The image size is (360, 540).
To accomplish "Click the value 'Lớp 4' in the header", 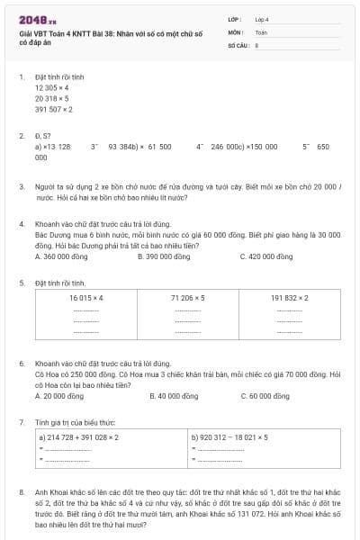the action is point(262,19).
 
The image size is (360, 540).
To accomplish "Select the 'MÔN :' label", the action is point(236,31).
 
